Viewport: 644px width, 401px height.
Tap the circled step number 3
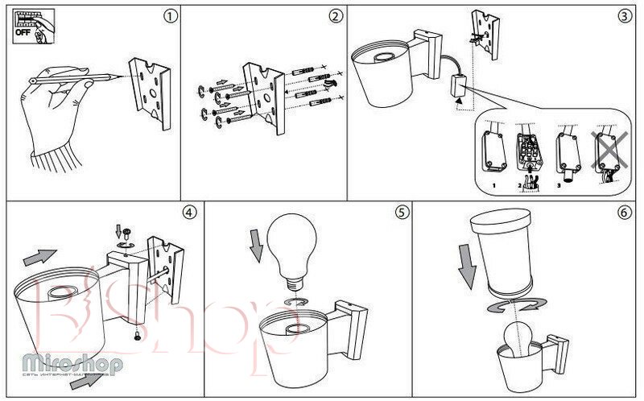pos(624,15)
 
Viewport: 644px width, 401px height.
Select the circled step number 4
pos(188,213)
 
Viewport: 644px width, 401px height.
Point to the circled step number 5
pos(402,213)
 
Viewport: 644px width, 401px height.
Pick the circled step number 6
pos(624,213)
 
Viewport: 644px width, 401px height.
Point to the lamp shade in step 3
pos(383,77)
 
